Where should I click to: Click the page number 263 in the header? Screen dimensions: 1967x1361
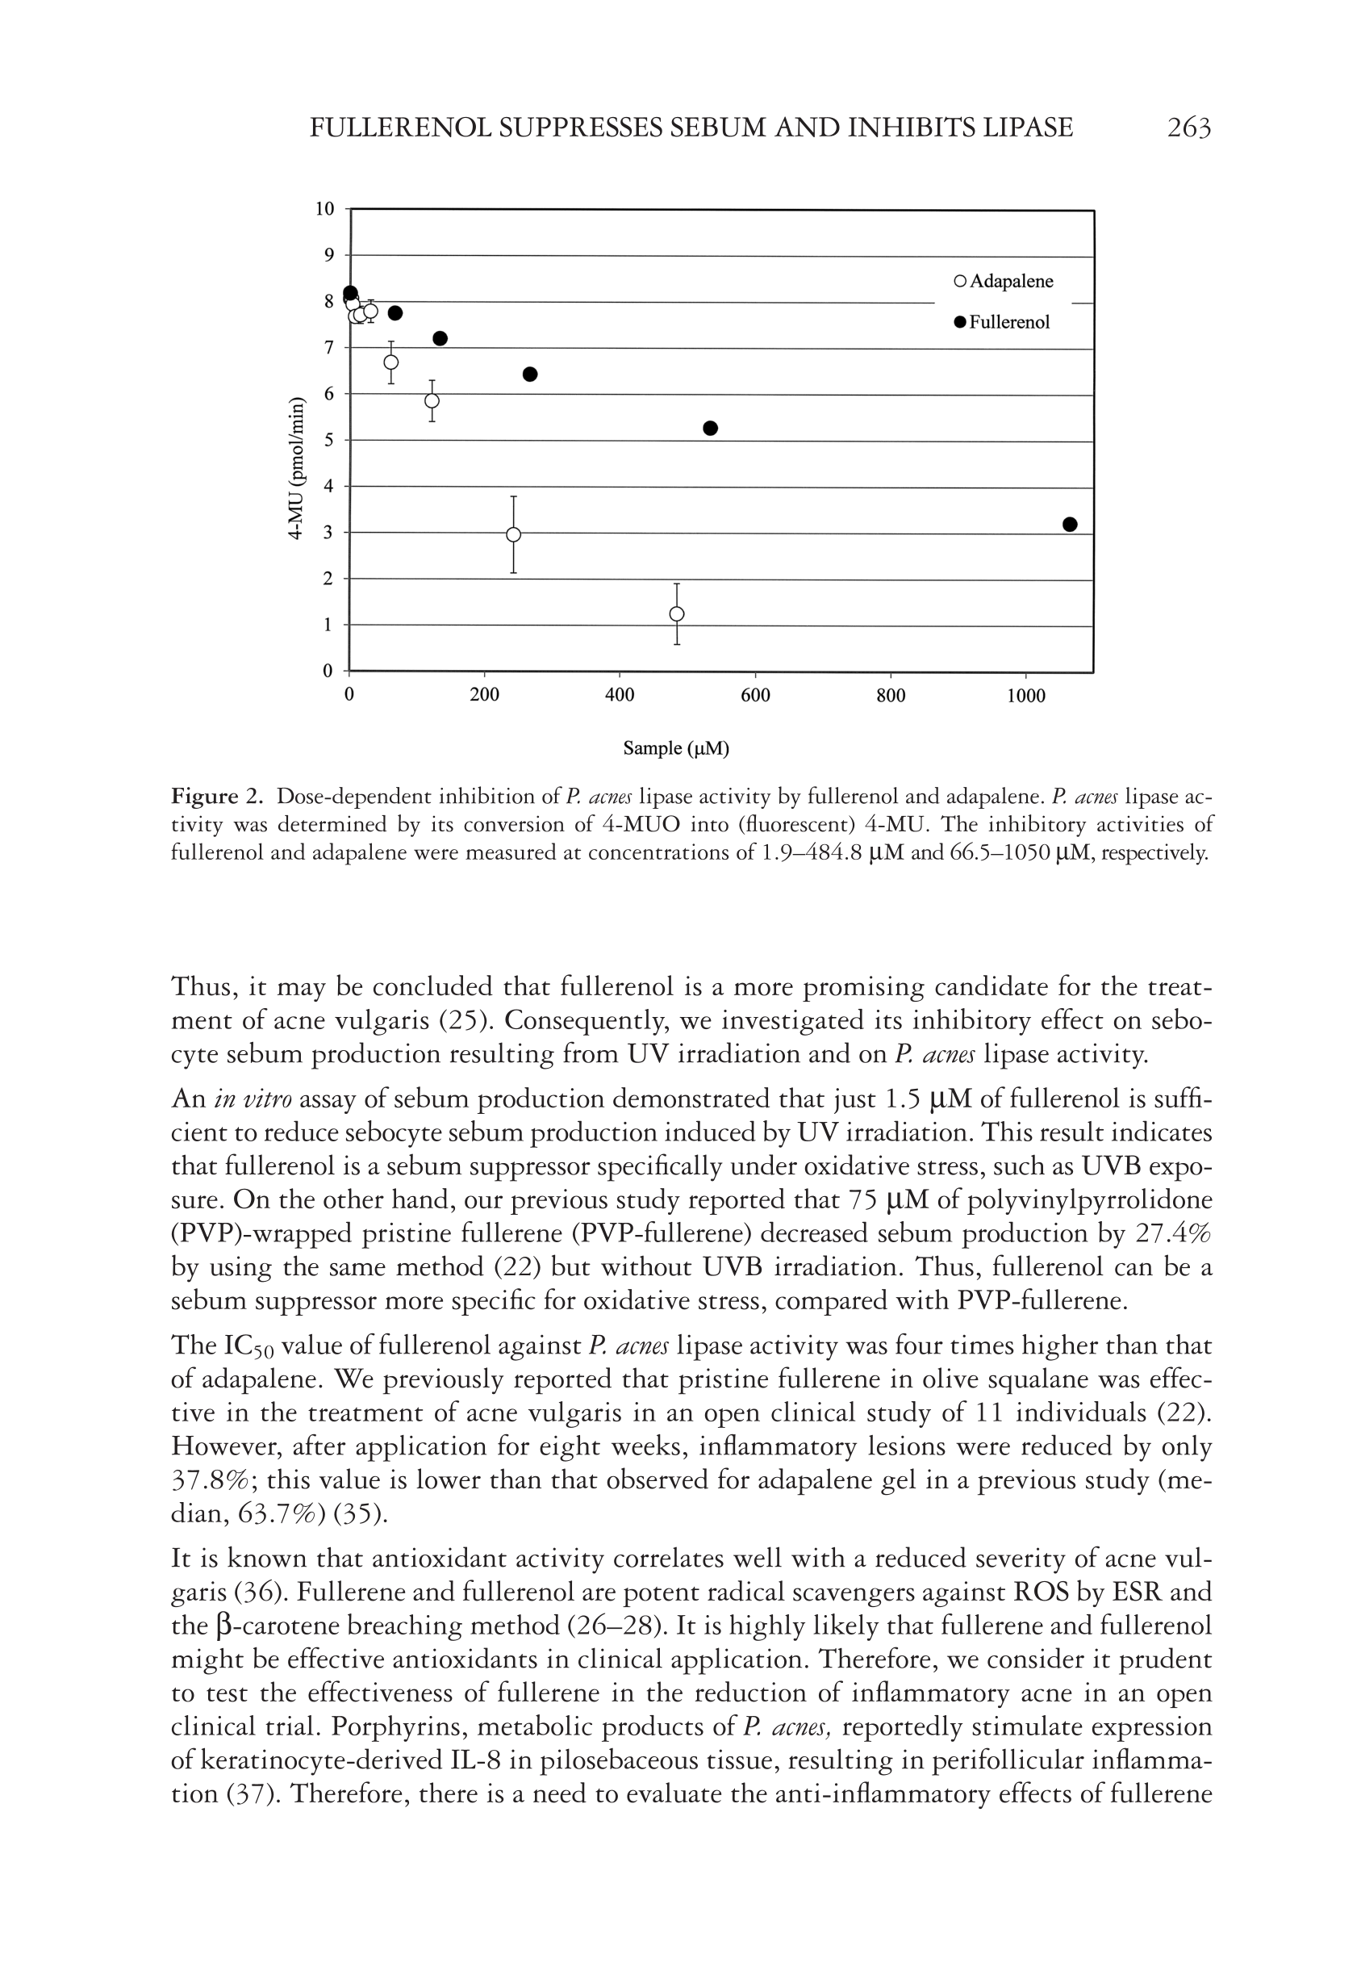(1188, 128)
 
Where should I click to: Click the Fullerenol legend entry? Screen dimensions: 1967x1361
(1002, 322)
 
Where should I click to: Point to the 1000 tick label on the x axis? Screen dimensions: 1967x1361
(1026, 696)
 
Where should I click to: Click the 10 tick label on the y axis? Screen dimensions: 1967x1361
(325, 210)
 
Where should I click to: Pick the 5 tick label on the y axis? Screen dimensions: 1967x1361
(328, 441)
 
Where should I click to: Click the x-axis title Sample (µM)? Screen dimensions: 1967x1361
(676, 749)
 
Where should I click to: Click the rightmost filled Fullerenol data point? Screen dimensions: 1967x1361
(1071, 525)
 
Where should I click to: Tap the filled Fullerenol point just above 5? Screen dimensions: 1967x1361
(710, 429)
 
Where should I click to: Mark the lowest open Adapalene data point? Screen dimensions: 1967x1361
(677, 614)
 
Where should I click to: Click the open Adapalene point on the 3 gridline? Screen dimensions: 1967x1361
(513, 535)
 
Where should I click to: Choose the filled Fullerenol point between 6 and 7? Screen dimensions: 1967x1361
(529, 375)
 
